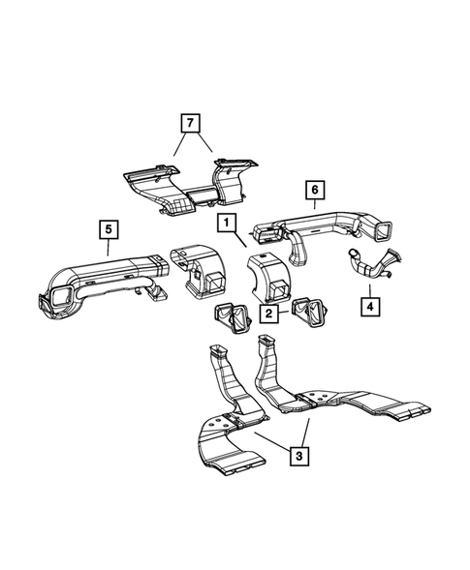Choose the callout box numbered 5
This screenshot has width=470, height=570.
[109, 229]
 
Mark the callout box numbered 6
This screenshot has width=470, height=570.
[313, 188]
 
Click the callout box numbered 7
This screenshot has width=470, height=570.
[191, 124]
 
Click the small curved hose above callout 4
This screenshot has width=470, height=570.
[374, 263]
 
